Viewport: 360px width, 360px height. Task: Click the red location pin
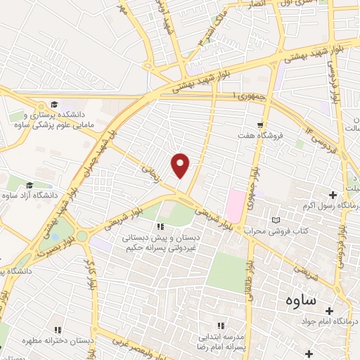181,165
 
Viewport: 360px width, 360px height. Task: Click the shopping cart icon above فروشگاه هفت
261,123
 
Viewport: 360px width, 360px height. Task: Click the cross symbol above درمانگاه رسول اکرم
333,194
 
